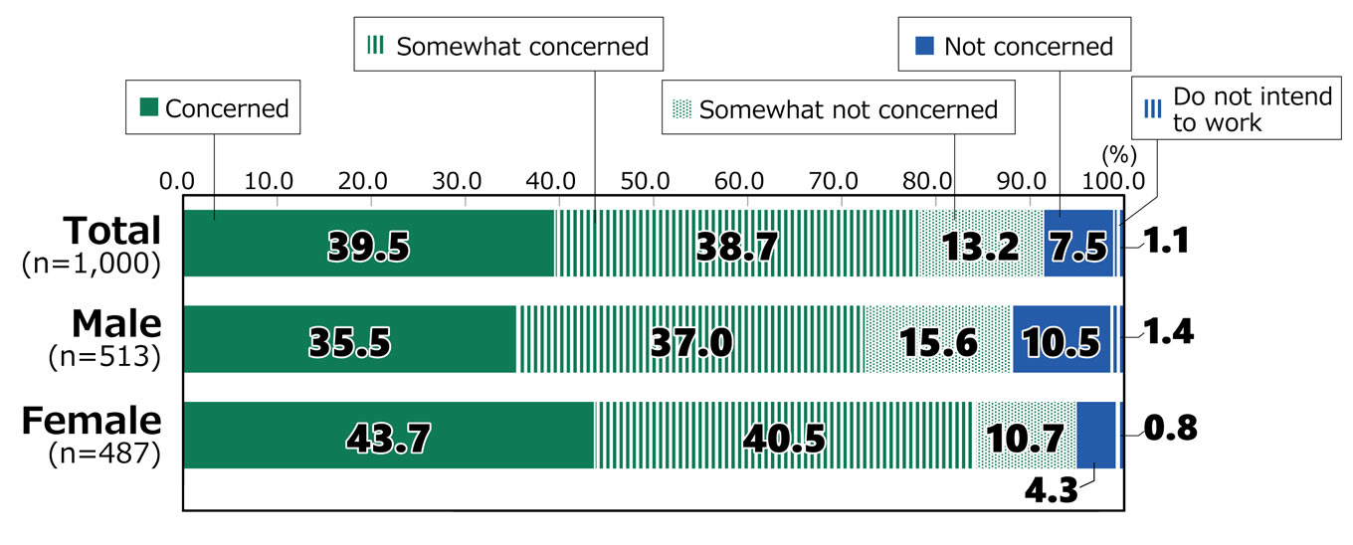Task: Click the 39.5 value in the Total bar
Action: (367, 247)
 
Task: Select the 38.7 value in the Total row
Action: (735, 247)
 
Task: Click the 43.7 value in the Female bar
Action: (388, 438)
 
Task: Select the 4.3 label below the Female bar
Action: (1053, 491)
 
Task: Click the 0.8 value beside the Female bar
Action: (1170, 428)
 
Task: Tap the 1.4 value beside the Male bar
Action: (1166, 332)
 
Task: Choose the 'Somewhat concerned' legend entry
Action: (508, 46)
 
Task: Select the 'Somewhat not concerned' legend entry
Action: (838, 109)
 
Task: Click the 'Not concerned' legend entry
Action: (1015, 46)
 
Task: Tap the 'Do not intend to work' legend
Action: (1240, 109)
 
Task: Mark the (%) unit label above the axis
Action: (1118, 155)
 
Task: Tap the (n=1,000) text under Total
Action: (91, 264)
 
